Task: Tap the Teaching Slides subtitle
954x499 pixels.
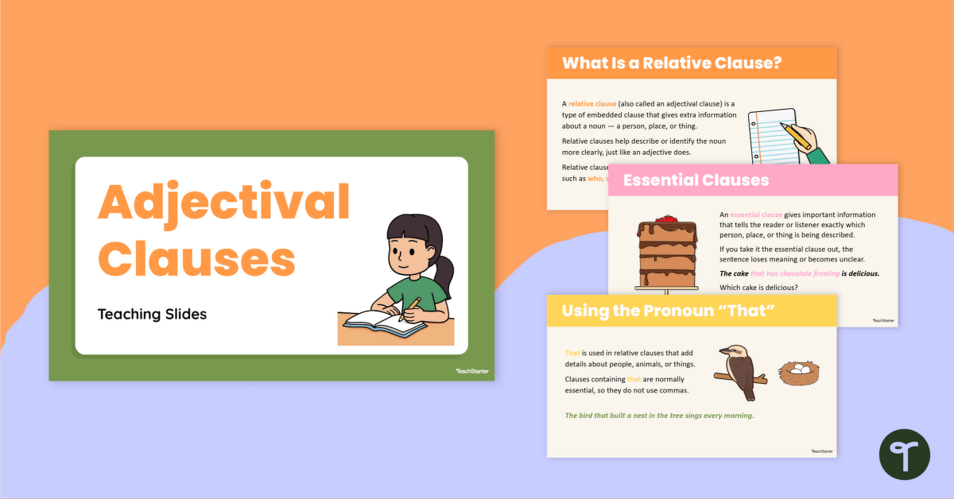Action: (x=152, y=314)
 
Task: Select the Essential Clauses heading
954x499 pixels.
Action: (x=696, y=180)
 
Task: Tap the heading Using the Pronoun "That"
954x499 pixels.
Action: (x=668, y=310)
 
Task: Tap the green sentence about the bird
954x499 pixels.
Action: (x=659, y=416)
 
